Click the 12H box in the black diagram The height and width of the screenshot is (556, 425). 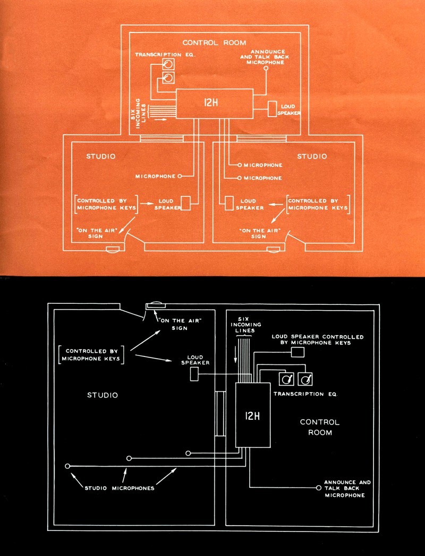(x=252, y=416)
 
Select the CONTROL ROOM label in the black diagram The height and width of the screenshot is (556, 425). (x=319, y=427)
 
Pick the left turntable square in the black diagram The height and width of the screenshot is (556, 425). (x=286, y=379)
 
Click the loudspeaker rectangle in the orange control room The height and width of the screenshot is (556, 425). (x=273, y=109)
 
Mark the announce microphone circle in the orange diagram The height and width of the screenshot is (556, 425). (x=266, y=69)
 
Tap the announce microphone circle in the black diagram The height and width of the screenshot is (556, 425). (x=319, y=487)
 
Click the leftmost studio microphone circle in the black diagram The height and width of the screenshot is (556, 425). (x=67, y=466)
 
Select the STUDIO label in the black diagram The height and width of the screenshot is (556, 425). (x=103, y=395)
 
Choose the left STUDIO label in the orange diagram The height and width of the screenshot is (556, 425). (x=100, y=156)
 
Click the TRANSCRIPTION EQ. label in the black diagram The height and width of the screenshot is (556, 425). (x=305, y=394)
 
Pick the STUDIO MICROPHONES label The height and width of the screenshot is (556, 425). (x=120, y=487)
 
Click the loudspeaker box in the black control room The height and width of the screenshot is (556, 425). (x=297, y=352)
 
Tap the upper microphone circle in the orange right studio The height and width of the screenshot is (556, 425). (x=240, y=165)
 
